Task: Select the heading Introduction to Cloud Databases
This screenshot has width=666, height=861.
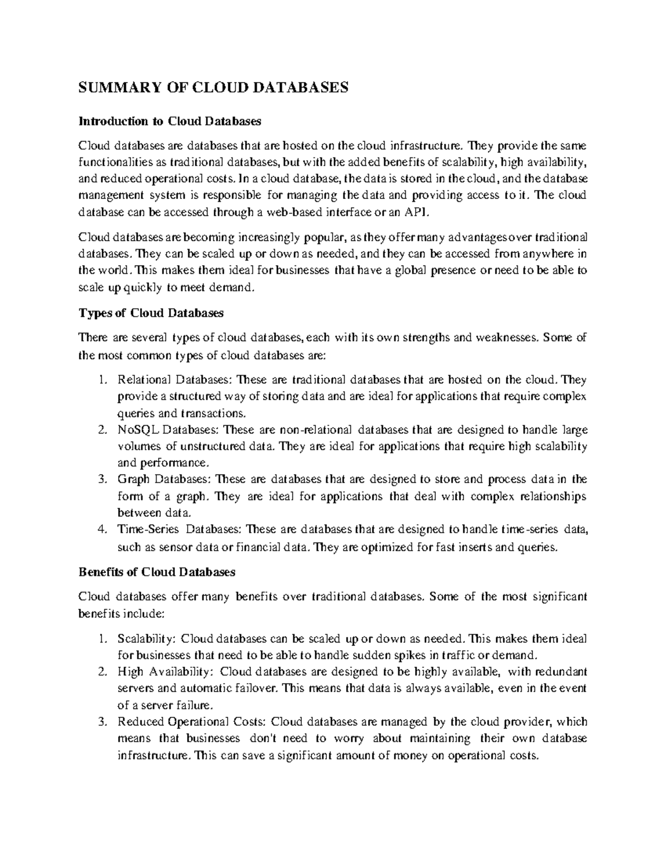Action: pos(169,121)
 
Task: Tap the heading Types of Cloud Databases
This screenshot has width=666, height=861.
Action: pos(151,313)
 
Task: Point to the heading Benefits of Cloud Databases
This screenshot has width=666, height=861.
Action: pos(157,572)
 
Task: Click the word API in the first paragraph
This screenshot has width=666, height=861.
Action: pos(419,212)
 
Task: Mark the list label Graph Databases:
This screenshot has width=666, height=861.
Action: pos(164,479)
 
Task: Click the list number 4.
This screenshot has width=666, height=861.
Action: pos(101,529)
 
